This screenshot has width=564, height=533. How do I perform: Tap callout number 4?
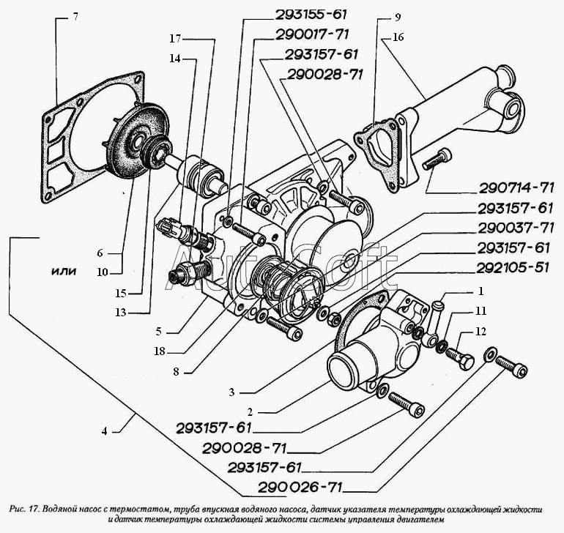coord(105,431)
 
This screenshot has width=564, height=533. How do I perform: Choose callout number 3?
coord(231,392)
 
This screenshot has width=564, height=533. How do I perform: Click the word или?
coord(65,270)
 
